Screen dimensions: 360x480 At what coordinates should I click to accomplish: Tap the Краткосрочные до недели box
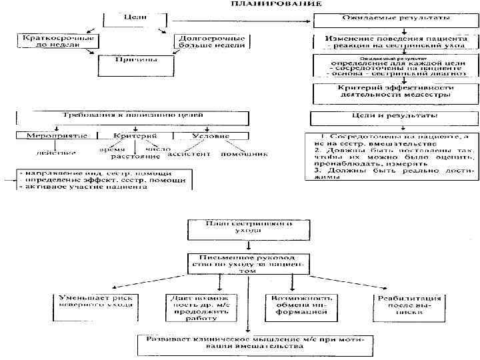click(59, 41)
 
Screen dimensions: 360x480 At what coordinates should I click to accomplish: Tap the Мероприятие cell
click(57, 136)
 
